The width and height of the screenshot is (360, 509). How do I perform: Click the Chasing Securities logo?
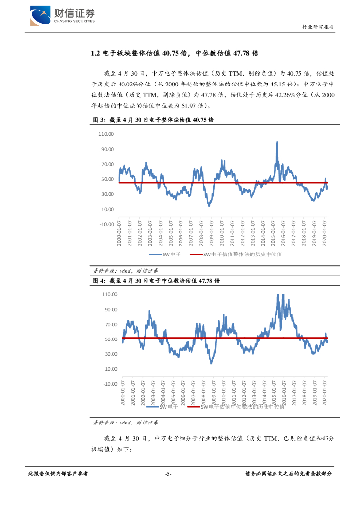[x=62, y=16]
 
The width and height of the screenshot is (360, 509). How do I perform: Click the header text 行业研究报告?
[x=318, y=27]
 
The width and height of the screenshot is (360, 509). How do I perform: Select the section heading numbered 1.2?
[x=175, y=53]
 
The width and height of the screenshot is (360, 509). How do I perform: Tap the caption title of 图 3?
[x=154, y=120]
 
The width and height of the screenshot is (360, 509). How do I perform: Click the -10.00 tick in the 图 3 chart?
[x=107, y=224]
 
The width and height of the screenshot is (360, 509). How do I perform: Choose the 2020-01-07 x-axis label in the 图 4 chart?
[x=325, y=397]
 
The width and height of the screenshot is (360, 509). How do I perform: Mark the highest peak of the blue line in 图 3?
[x=277, y=142]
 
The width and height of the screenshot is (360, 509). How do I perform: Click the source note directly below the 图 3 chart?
[x=125, y=271]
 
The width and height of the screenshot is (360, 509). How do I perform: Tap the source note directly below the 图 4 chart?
[x=125, y=423]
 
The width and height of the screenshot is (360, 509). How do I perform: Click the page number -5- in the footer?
[x=168, y=474]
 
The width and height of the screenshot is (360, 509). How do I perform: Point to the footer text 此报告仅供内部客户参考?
[x=58, y=474]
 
